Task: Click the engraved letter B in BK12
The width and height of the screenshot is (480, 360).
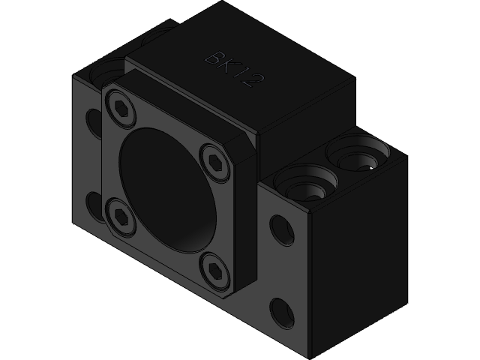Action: coord(216,58)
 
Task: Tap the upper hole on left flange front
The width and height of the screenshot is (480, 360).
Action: coord(94,120)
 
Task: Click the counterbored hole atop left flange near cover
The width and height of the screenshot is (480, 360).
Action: coord(106,73)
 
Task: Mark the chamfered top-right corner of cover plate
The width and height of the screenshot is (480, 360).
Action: coord(244,146)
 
